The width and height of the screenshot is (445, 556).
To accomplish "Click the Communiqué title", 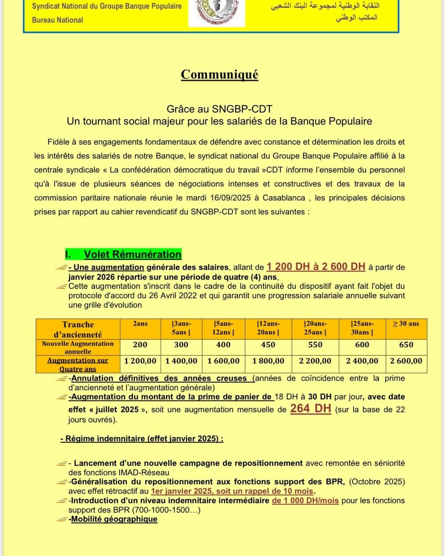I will pos(219,74).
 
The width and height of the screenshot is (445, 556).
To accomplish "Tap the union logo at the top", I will pos(216,13).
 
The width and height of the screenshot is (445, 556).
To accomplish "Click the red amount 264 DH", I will pos(310,408).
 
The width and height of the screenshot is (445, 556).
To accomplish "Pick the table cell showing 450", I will pos(268,345).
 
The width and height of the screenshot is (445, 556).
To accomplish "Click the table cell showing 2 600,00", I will pos(406,361).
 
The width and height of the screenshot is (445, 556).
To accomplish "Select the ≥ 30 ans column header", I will pos(406,324).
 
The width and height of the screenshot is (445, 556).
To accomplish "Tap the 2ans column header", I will pos(140,324).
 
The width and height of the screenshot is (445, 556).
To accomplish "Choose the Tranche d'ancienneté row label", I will pos(78,329).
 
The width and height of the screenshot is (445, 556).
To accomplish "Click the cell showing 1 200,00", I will pos(140,361).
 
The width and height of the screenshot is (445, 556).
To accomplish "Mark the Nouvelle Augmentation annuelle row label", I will pos(78,347).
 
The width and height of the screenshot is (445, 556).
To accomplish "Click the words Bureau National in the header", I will pos(57,20).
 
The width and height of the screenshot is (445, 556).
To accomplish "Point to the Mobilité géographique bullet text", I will pos(114,519).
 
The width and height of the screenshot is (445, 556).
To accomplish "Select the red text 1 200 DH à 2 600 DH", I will pos(316,267).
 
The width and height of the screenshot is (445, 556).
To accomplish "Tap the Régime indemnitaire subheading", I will pos(142,439).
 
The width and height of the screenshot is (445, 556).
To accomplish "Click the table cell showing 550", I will pos(315,345).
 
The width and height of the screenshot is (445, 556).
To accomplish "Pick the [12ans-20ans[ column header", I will pos(268,328).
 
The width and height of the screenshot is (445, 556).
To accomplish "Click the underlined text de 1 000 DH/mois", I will pos(305,501).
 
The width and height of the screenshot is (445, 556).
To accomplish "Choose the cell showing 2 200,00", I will pos(315,361).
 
